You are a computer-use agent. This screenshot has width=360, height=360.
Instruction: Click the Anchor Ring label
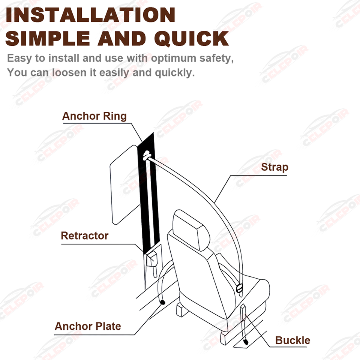[x=94, y=116]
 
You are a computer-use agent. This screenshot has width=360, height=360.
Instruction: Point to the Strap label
[x=274, y=167]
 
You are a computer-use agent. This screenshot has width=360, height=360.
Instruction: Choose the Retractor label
[x=85, y=236]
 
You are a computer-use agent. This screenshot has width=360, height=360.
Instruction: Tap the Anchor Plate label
[x=88, y=326]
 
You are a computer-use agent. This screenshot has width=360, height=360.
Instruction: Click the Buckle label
[x=292, y=340]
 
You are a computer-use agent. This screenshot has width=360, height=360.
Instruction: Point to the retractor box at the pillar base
[x=152, y=259]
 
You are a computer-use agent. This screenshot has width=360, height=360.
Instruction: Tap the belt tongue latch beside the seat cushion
[x=239, y=288]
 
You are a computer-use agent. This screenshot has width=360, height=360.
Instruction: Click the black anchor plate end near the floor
[x=162, y=302]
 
